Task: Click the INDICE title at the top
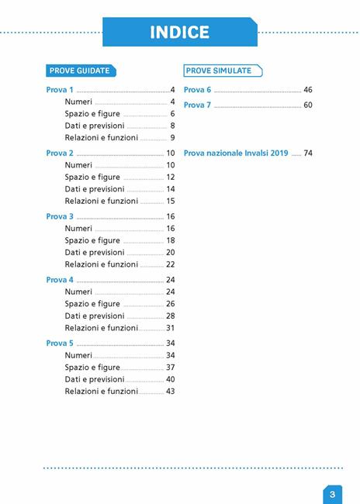pyautogui.click(x=179, y=32)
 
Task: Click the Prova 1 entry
pyautogui.click(x=60, y=90)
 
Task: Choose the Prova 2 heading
pyautogui.click(x=60, y=154)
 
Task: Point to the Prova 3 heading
pyautogui.click(x=60, y=216)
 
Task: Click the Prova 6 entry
pyautogui.click(x=197, y=90)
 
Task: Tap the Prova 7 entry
pyautogui.click(x=197, y=105)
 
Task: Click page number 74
pyautogui.click(x=308, y=154)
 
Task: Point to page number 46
pyautogui.click(x=308, y=90)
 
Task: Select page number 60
pyautogui.click(x=308, y=105)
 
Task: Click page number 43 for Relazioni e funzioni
pyautogui.click(x=170, y=392)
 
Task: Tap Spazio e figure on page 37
pyautogui.click(x=92, y=368)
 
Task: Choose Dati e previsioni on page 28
pyautogui.click(x=95, y=316)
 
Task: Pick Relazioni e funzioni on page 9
pyautogui.click(x=102, y=138)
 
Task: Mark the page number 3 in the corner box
pyautogui.click(x=331, y=494)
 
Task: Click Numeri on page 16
pyautogui.click(x=78, y=229)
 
